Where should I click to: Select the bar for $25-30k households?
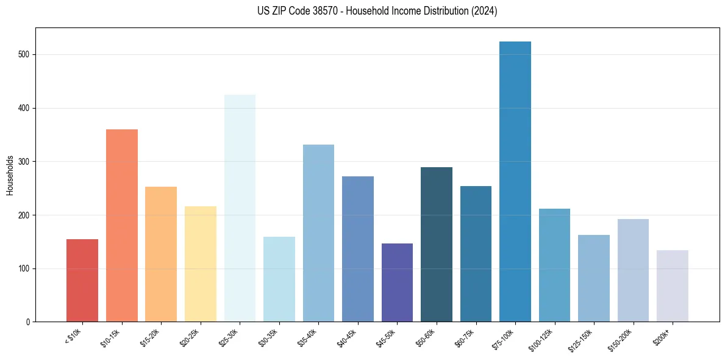[240, 208]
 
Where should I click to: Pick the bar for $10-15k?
[122, 226]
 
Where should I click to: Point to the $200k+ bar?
[673, 286]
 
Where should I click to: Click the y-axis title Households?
[10, 175]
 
